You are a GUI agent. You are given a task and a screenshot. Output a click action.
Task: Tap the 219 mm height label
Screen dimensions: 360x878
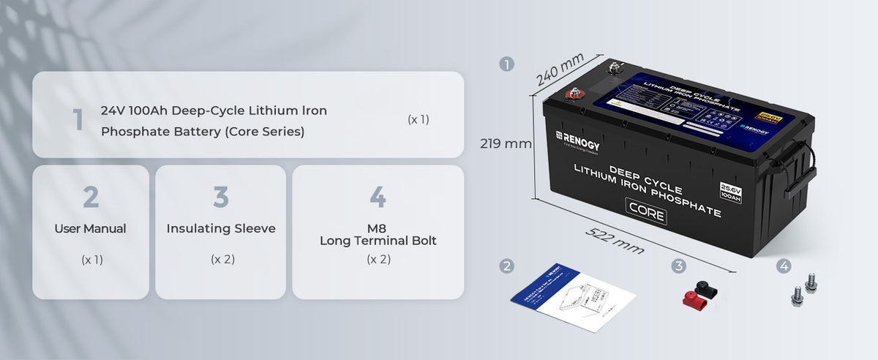click(x=506, y=143)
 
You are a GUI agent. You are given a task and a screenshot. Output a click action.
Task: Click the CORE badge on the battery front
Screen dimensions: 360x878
click(x=645, y=214)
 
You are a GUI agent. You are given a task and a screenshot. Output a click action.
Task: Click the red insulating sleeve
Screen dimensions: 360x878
click(x=690, y=296)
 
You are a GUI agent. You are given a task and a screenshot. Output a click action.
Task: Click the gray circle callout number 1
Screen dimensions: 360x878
click(x=506, y=64)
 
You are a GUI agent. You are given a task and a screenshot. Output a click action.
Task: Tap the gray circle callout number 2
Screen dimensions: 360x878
click(x=506, y=266)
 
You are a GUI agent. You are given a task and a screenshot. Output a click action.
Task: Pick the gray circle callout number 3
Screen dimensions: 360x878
click(x=679, y=266)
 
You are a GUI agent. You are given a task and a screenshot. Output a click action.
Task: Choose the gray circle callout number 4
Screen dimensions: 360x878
click(x=784, y=266)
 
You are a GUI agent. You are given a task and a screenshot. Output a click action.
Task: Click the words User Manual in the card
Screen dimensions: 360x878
click(x=90, y=229)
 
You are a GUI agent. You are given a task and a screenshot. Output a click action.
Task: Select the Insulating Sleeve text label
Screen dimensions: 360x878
click(x=221, y=229)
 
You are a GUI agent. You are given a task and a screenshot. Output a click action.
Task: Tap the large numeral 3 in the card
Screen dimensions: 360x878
click(x=221, y=197)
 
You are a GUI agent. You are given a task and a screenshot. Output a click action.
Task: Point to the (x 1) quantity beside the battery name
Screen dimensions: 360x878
click(x=418, y=119)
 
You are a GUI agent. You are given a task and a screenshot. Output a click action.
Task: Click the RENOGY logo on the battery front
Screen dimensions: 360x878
click(x=577, y=142)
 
